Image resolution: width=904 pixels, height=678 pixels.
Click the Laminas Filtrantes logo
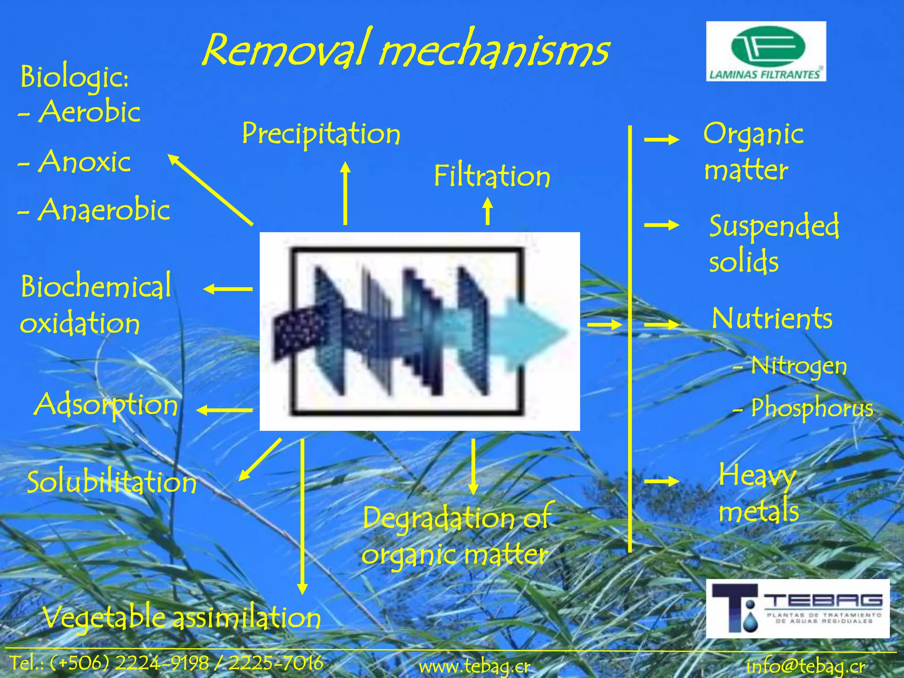tap(766, 51)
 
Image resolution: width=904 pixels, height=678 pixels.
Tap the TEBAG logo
tap(798, 608)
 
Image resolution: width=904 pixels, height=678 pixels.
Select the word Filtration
tap(492, 176)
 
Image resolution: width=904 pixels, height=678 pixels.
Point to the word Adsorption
tap(106, 405)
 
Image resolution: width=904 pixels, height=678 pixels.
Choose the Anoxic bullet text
tap(84, 162)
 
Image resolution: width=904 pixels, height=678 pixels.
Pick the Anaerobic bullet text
tap(104, 210)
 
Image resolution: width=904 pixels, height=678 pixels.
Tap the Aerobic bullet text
tap(90, 112)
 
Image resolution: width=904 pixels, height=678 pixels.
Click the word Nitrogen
tap(799, 365)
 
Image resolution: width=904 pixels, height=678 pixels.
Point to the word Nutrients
tap(772, 318)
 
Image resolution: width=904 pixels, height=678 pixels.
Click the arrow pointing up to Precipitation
tap(345, 193)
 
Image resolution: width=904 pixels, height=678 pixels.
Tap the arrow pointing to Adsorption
tap(224, 411)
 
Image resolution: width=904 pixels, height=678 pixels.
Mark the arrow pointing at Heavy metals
tap(661, 481)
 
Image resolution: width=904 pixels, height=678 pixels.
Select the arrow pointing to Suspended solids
tap(661, 225)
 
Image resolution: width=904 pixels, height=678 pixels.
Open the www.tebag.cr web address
tap(475, 666)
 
